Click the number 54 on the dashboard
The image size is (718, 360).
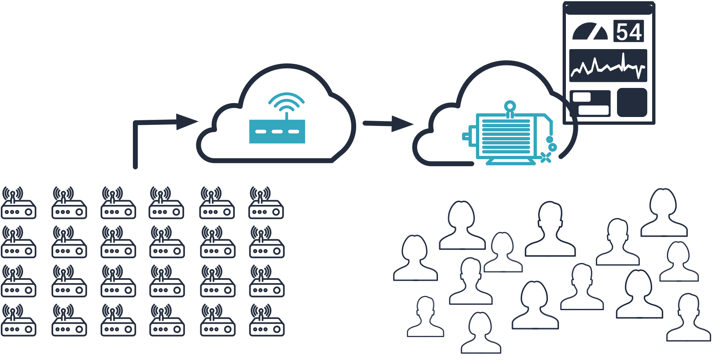[629, 32]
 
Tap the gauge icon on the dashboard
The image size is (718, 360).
[590, 32]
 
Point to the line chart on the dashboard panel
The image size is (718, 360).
[608, 66]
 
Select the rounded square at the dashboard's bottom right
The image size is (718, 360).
[632, 102]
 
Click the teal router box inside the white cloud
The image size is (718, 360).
[277, 131]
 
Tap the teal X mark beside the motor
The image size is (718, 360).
[545, 157]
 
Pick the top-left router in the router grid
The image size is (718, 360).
[18, 203]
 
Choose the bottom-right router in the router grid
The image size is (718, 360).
[267, 321]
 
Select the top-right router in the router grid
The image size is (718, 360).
[266, 203]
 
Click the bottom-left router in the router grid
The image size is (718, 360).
[18, 321]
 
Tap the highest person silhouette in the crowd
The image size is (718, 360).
[664, 213]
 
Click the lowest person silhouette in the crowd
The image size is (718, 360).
[481, 333]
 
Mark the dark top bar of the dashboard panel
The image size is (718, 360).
[609, 9]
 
